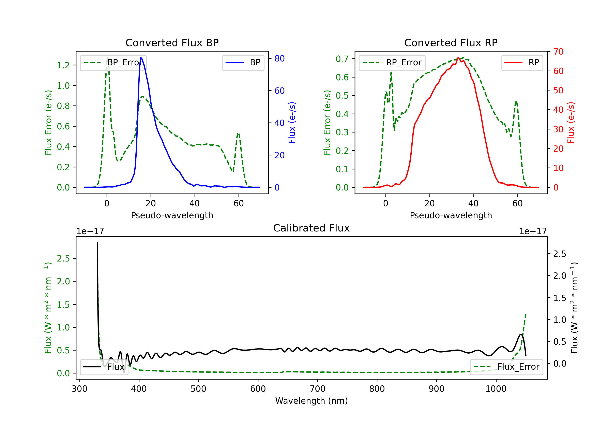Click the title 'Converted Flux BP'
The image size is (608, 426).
pos(172,43)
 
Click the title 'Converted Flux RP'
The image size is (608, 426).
pos(451,43)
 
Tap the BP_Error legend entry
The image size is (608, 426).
pos(113,62)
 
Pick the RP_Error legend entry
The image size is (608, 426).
pos(392,62)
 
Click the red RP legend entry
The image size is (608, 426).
pos(522,62)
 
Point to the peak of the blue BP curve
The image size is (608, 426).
pos(141,58)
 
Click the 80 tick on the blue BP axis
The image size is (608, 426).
pos(279,59)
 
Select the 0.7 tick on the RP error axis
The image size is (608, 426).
pos(342,59)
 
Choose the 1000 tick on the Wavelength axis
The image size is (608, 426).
pos(496,389)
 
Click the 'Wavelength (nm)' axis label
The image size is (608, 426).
pos(311,401)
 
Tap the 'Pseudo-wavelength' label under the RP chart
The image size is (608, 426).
pos(451,215)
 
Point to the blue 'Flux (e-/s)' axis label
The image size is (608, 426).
pos(292,123)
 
